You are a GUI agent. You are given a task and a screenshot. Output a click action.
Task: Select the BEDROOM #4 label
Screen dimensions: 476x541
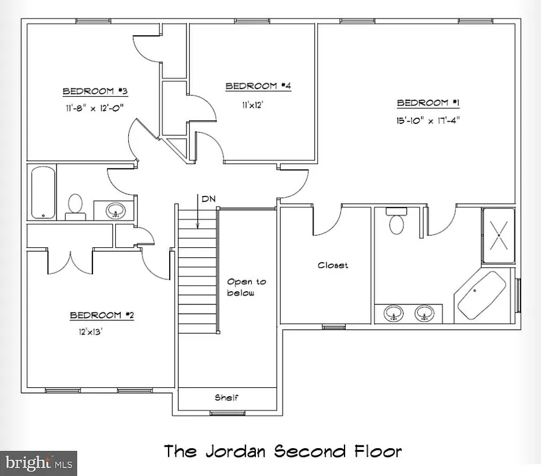258,86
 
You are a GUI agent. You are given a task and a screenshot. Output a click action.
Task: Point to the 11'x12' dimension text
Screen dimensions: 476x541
253,105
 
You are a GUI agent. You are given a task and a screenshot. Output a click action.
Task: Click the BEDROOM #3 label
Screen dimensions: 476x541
95,92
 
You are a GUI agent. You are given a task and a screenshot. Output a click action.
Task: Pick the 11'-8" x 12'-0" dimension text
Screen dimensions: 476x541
95,108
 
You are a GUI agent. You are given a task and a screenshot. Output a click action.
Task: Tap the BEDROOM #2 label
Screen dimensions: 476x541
102,315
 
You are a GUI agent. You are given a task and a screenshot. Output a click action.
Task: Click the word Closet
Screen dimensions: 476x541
333,265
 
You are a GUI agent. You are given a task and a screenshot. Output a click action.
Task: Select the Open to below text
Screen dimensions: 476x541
246,287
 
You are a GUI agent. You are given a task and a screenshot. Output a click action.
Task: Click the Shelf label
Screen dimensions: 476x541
226,398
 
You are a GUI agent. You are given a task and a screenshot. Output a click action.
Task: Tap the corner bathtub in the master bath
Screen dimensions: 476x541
480,296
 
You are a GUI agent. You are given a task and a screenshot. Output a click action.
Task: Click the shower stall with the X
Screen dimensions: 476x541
498,236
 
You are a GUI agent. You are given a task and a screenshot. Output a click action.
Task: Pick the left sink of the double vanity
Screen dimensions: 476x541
392,313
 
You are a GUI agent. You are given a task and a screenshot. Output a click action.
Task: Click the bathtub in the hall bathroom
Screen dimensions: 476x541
43,192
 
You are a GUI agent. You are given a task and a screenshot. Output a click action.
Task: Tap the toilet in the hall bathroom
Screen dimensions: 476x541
75,206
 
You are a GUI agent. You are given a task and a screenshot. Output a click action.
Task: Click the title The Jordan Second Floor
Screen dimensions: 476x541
282,451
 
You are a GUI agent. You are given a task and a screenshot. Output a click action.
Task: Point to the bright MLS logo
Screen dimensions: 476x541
38,463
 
